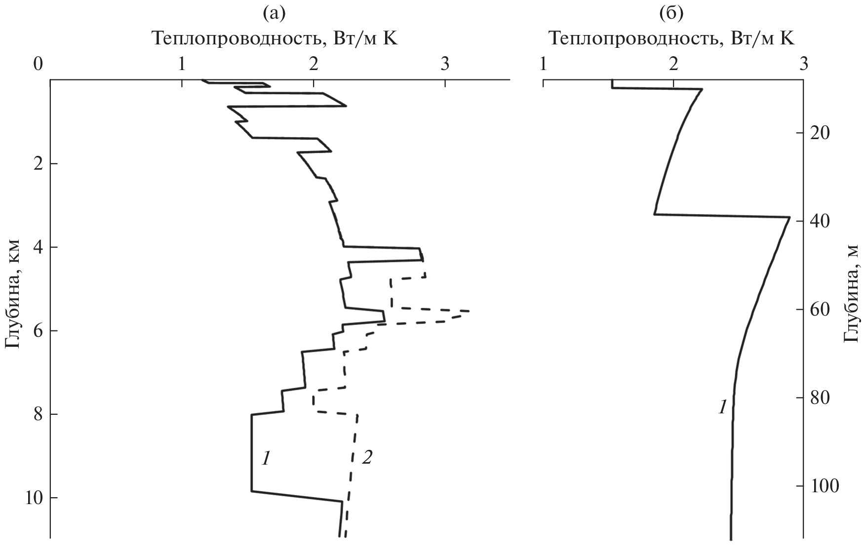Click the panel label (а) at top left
pyautogui.click(x=275, y=14)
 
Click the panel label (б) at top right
pyautogui.click(x=672, y=14)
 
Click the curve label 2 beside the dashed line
pyautogui.click(x=367, y=458)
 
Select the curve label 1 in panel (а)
pyautogui.click(x=266, y=459)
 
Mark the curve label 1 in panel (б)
pyautogui.click(x=722, y=407)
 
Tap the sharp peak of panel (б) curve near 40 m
pyautogui.click(x=789, y=217)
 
